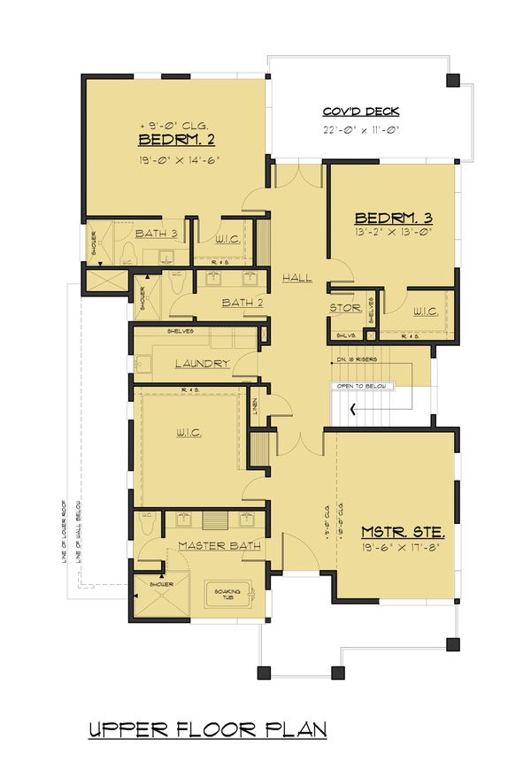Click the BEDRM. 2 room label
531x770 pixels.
pos(177,141)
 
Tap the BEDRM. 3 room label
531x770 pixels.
pos(392,218)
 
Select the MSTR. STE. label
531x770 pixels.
pos(403,533)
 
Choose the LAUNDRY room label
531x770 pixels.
pos(202,364)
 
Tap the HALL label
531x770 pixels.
pos(297,278)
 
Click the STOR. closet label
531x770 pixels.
pos(344,308)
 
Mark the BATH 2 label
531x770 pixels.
pos(243,303)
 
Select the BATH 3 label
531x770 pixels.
pos(157,234)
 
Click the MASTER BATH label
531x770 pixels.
pos(219,546)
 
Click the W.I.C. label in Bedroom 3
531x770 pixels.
pos(426,310)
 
